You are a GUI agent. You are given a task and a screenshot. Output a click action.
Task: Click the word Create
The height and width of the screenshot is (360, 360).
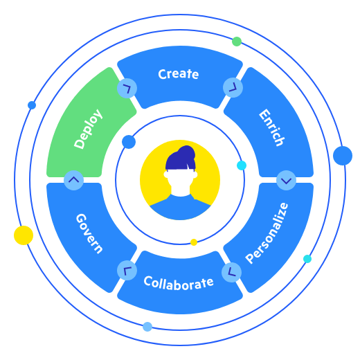click(179, 74)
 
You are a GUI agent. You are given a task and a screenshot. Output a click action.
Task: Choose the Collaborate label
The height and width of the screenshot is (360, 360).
click(179, 283)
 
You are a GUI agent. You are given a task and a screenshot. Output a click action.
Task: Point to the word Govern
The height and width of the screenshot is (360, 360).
click(89, 233)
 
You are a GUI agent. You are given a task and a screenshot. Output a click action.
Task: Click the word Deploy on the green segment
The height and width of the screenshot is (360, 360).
click(89, 129)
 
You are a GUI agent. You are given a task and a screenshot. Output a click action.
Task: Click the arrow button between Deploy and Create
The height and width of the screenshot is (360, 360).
click(127, 88)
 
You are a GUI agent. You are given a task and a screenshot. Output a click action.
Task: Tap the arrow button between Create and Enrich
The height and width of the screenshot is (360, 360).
click(233, 87)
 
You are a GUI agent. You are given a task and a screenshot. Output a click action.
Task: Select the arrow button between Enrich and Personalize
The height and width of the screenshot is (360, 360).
click(286, 180)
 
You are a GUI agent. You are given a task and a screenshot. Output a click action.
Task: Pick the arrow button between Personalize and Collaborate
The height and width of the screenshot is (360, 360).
click(231, 272)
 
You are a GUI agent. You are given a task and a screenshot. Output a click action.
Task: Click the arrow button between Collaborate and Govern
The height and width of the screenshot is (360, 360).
click(127, 271)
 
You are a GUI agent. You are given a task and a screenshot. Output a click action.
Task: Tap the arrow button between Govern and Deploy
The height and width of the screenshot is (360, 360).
click(73, 180)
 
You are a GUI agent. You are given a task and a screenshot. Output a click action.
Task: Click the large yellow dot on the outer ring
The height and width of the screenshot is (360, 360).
click(24, 235)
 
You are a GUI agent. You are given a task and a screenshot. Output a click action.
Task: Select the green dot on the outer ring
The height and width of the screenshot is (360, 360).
click(237, 42)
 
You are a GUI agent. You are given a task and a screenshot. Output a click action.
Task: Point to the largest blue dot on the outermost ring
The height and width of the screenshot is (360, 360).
click(343, 156)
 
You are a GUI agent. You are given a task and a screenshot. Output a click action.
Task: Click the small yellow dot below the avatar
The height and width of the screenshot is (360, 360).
click(194, 242)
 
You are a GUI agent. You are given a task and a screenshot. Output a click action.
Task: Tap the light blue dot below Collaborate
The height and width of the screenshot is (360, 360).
click(147, 327)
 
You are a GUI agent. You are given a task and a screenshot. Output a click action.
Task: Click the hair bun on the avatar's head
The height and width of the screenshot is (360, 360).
click(186, 152)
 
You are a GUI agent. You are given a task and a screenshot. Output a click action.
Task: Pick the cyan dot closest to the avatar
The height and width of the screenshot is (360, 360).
click(241, 165)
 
